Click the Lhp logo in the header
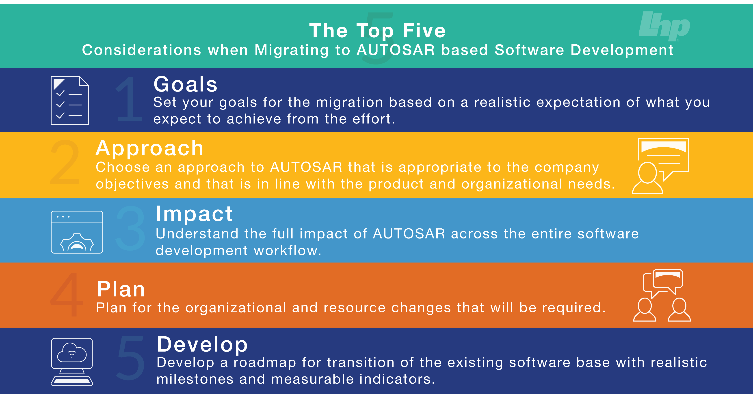click(x=664, y=26)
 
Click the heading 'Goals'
click(x=186, y=84)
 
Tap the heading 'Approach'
click(x=149, y=148)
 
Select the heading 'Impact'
click(x=194, y=214)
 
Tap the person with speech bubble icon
click(x=660, y=166)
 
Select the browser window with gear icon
click(x=77, y=232)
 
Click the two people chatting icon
click(x=662, y=295)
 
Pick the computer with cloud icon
click(x=72, y=361)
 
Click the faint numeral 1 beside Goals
click(x=129, y=99)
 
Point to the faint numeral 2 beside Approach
click(x=65, y=162)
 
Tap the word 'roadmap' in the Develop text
click(x=264, y=363)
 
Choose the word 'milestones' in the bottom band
click(x=195, y=379)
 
